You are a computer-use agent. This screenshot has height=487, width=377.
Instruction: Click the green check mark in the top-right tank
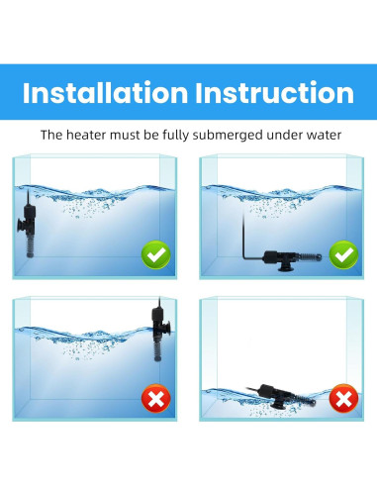click(343, 255)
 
